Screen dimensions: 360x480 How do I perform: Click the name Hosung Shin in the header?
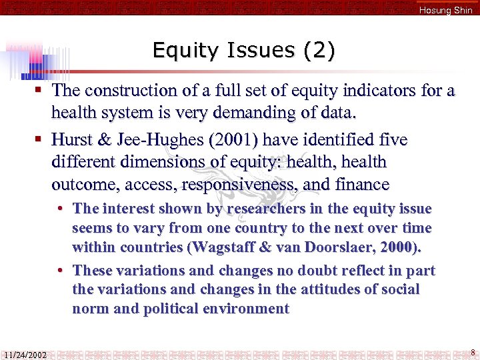coord(445,10)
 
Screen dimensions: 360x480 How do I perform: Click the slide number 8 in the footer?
coord(472,353)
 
